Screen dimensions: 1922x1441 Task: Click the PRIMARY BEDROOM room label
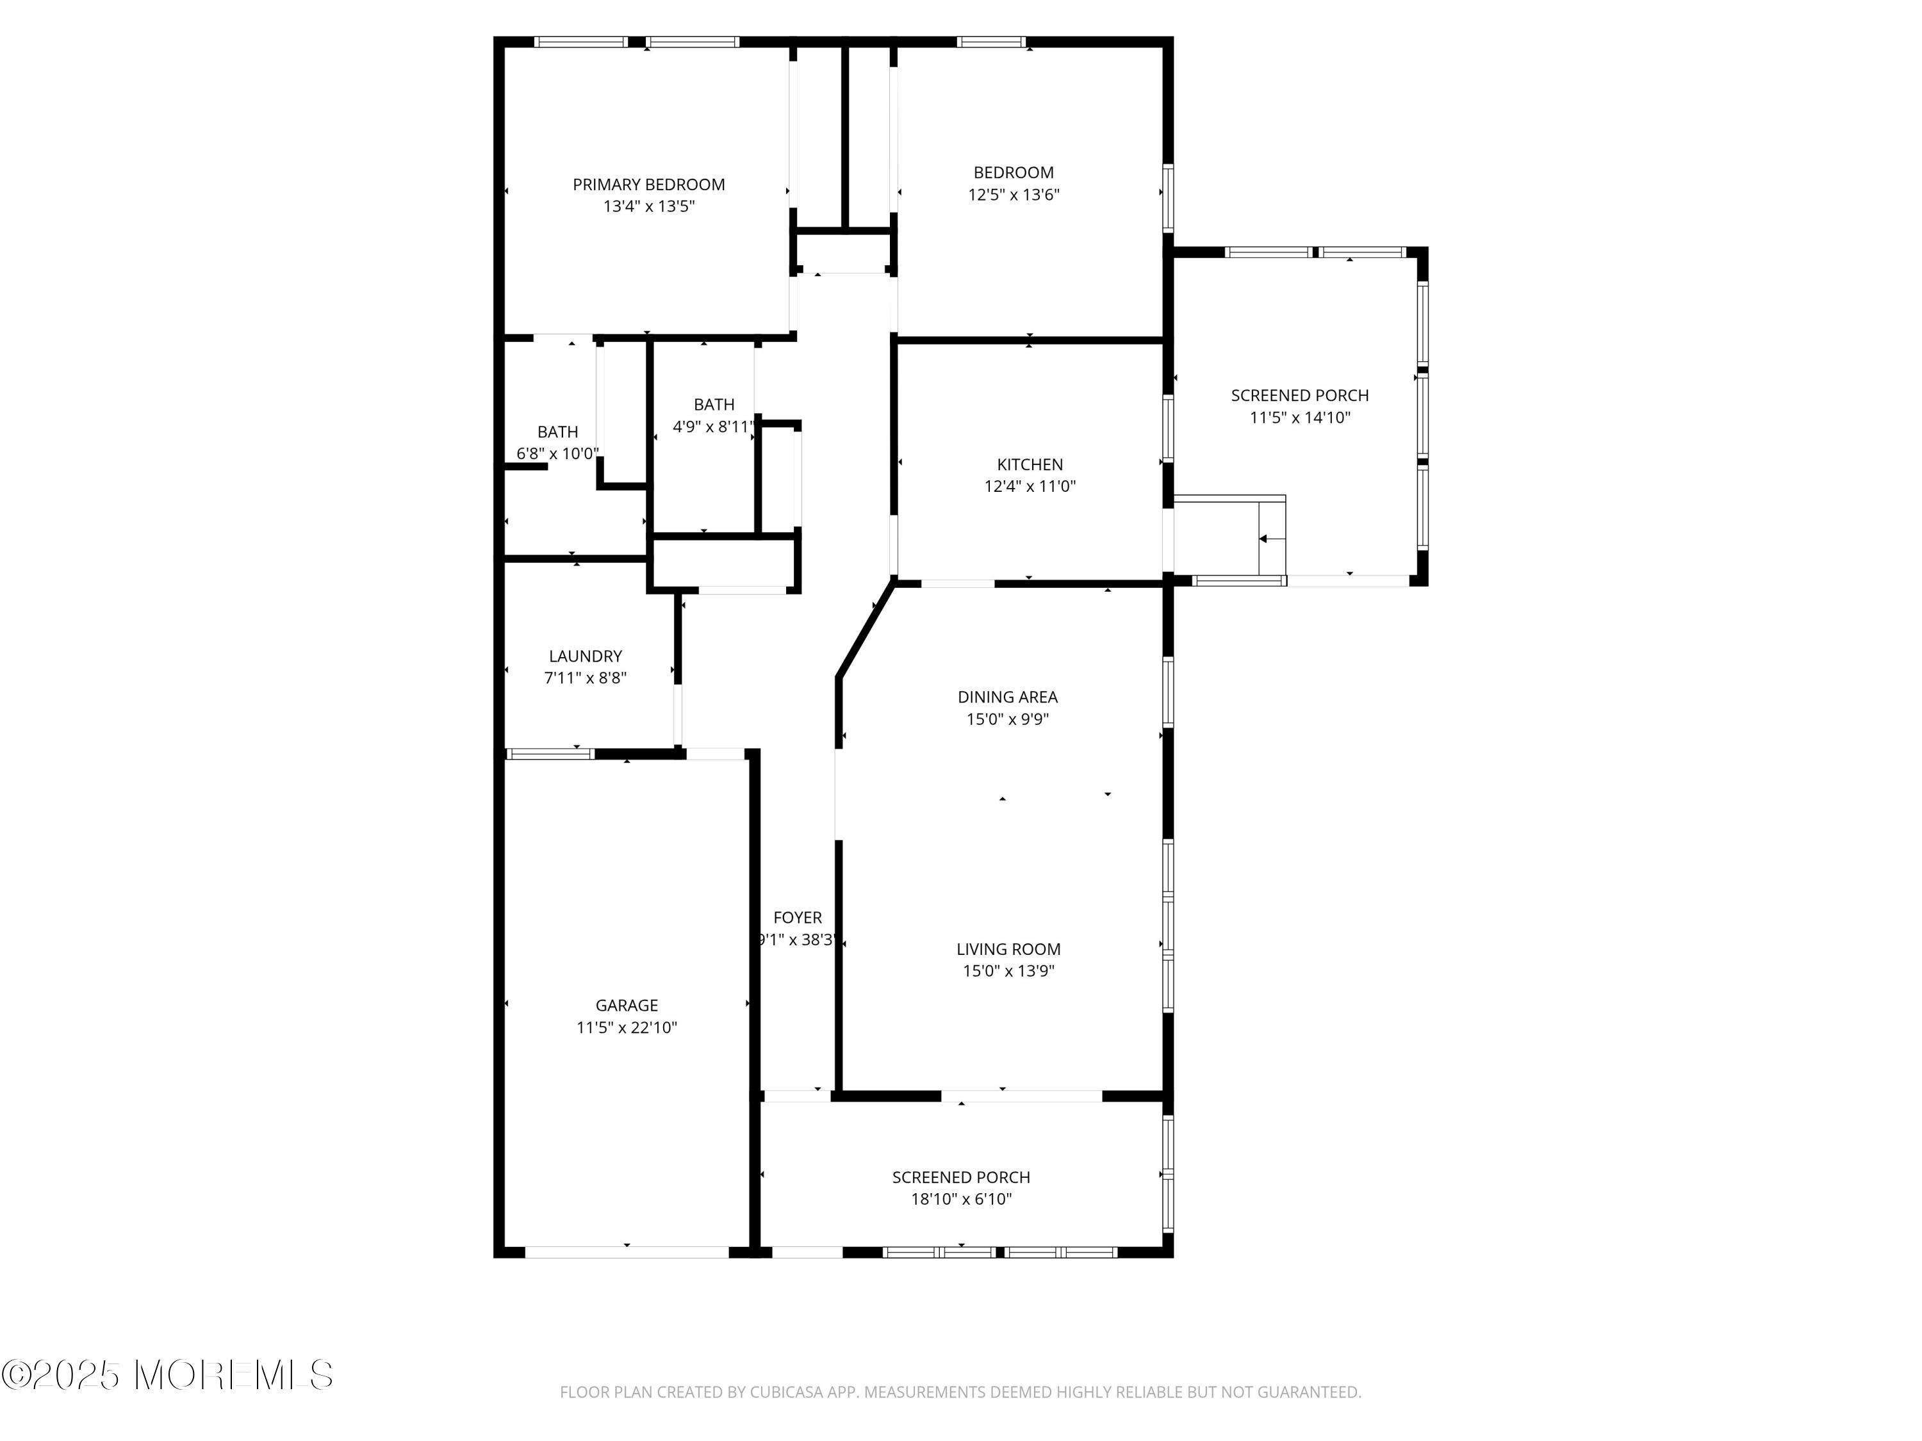(648, 184)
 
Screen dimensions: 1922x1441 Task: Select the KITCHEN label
(1030, 465)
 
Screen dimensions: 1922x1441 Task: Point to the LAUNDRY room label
(585, 656)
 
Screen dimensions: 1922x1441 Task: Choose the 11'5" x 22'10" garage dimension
(627, 1027)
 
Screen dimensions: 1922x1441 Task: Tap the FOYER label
(797, 917)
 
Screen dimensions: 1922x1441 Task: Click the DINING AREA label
(1007, 697)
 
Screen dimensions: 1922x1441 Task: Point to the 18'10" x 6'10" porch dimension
(960, 1200)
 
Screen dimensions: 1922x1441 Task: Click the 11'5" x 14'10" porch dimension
(1300, 418)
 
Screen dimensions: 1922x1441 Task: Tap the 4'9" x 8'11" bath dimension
(713, 427)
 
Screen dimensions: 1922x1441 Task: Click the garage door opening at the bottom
(627, 1251)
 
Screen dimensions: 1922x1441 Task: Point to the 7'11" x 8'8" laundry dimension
(585, 678)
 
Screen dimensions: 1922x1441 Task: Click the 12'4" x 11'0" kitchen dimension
(1030, 486)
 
